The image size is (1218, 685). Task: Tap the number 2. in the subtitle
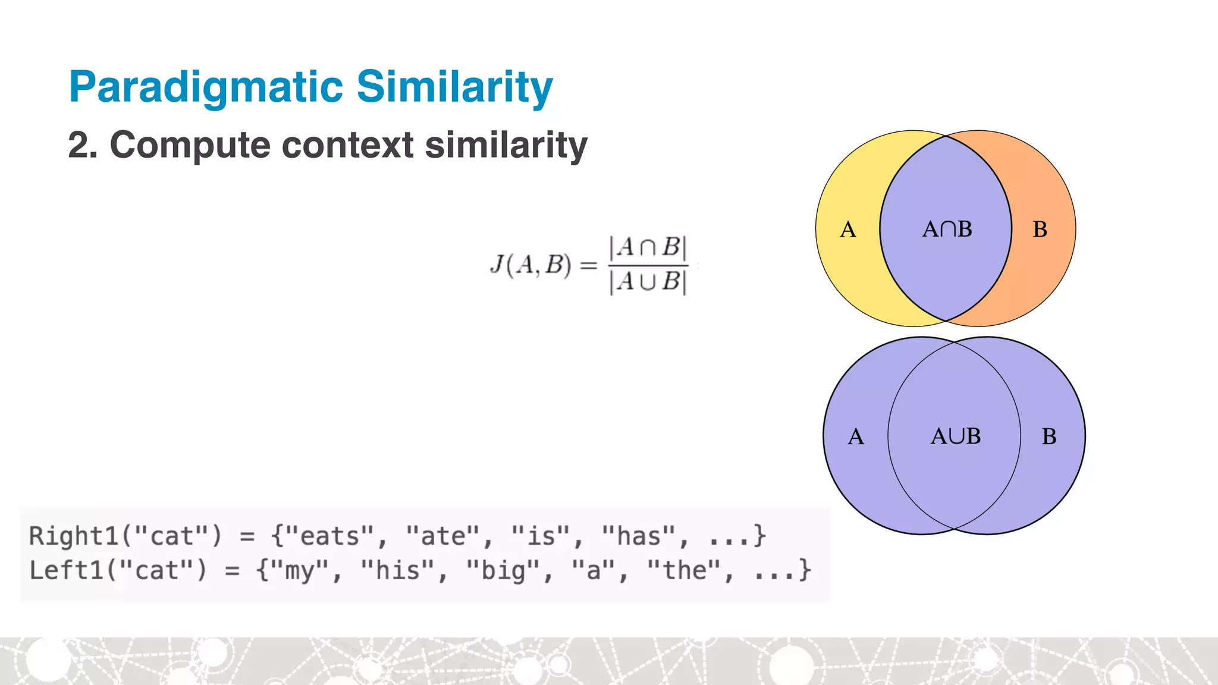[x=83, y=145]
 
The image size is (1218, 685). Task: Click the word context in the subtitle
[x=347, y=145]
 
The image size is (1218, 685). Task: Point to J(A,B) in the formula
[x=530, y=265]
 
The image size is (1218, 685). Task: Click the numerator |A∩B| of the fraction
[x=648, y=246]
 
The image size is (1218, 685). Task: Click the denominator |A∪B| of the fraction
[x=648, y=281]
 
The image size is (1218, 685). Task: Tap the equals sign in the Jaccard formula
[x=588, y=265]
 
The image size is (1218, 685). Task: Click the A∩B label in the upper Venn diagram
[x=947, y=229]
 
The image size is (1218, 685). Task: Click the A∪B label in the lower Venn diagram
[x=955, y=436]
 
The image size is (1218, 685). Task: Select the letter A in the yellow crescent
[x=847, y=230]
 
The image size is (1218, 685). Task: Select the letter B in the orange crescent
[x=1040, y=230]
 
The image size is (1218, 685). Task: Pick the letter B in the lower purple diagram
[x=1049, y=436]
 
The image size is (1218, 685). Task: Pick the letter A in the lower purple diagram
[x=855, y=436]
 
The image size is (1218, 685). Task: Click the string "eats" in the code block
[x=323, y=536]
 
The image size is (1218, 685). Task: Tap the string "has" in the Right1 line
[x=639, y=536]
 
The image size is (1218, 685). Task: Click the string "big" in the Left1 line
[x=503, y=571]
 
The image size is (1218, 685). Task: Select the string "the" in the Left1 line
[x=684, y=571]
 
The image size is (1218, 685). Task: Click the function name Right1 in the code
[x=74, y=536]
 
